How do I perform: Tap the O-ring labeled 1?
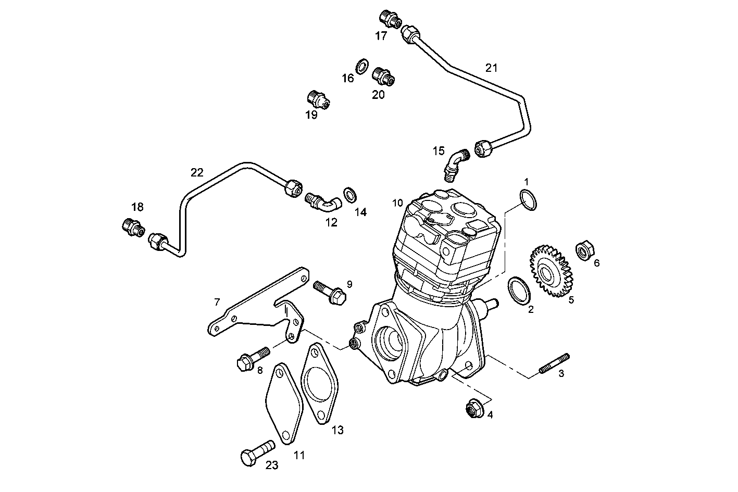pyautogui.click(x=528, y=200)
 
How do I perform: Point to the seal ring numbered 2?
pyautogui.click(x=519, y=290)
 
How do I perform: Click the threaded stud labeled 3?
pyautogui.click(x=555, y=363)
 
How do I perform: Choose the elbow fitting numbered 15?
pyautogui.click(x=455, y=162)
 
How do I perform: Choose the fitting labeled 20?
pyautogui.click(x=383, y=77)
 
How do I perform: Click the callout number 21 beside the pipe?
pyautogui.click(x=491, y=68)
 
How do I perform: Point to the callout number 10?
pyautogui.click(x=398, y=202)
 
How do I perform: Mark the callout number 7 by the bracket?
pyautogui.click(x=217, y=301)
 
